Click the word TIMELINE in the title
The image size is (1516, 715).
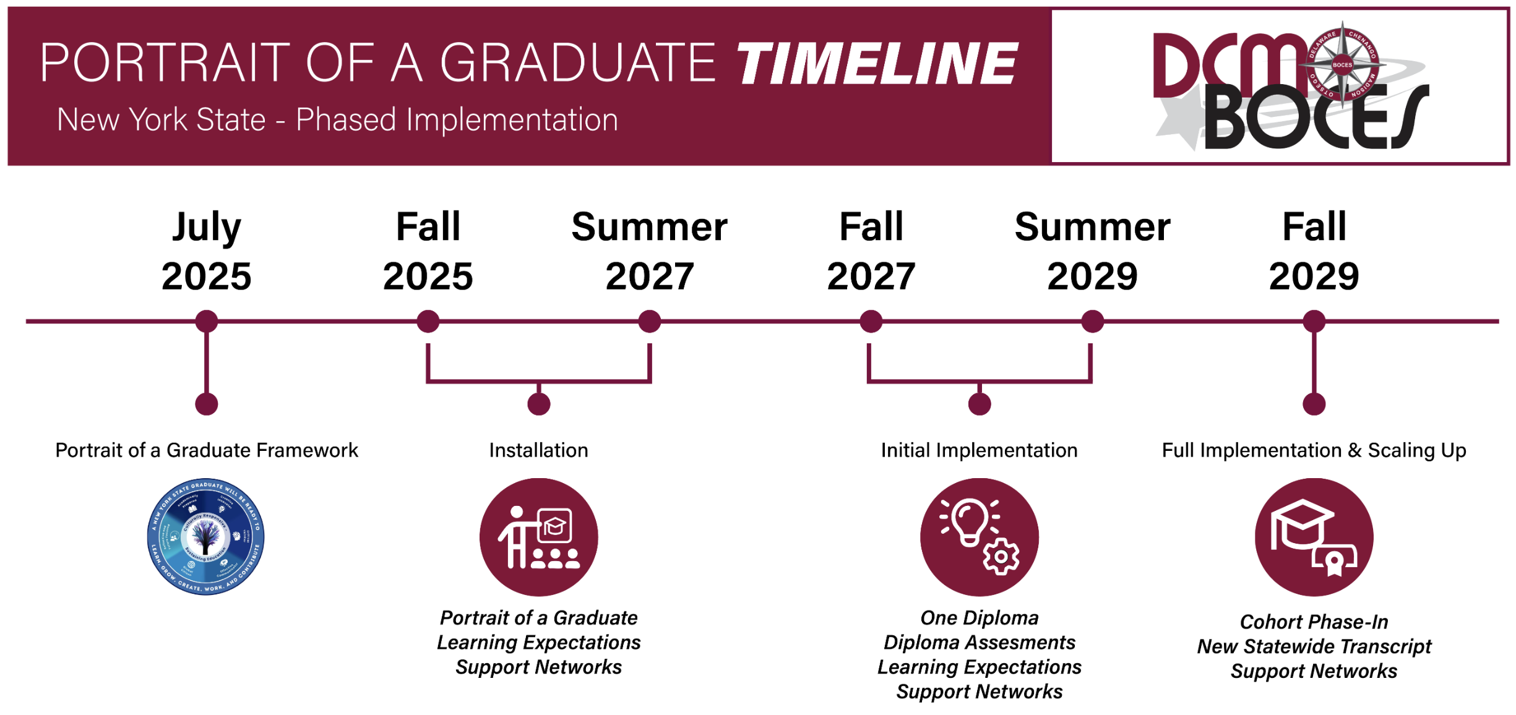pos(877,64)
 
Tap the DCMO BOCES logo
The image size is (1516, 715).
pos(1290,87)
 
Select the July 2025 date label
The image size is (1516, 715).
pos(206,250)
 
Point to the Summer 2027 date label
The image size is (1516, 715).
pos(649,250)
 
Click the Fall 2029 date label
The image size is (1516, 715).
pos(1314,250)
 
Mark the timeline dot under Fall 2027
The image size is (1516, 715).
pos(871,322)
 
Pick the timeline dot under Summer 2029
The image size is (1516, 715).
pos(1092,322)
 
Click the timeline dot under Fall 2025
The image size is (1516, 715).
pos(428,322)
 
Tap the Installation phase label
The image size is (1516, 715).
pos(538,450)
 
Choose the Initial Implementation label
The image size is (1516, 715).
pos(979,450)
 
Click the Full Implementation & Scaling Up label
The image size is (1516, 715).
pos(1314,450)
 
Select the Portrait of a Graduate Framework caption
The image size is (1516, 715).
pos(206,450)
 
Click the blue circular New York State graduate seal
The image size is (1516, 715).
pos(206,536)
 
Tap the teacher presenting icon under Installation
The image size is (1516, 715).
pos(538,537)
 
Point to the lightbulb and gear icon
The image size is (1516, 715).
pos(979,537)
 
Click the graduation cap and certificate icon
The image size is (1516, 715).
pos(1314,537)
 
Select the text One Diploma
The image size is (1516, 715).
pos(979,618)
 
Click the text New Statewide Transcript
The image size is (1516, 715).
pos(1314,646)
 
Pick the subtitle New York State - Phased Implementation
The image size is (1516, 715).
pos(337,119)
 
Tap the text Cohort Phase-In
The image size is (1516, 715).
pos(1314,622)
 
